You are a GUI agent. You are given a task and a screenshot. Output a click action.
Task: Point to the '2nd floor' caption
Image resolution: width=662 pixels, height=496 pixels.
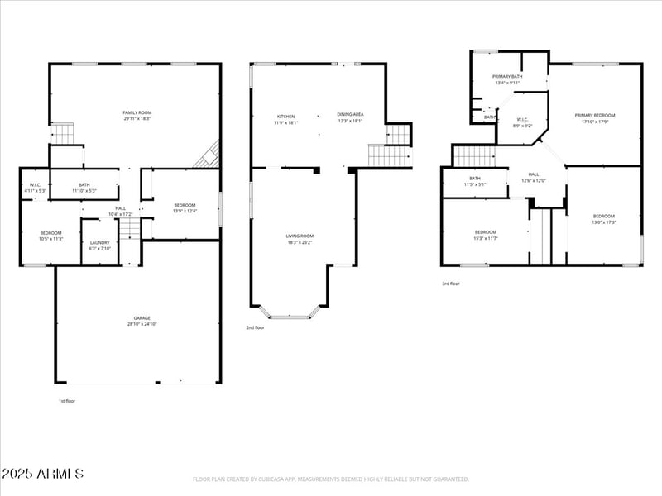click(x=255, y=327)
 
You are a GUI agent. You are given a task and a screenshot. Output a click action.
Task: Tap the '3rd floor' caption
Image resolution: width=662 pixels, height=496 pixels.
click(x=450, y=284)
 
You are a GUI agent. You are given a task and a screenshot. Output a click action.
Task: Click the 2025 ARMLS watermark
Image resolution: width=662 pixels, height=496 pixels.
click(x=43, y=474)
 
